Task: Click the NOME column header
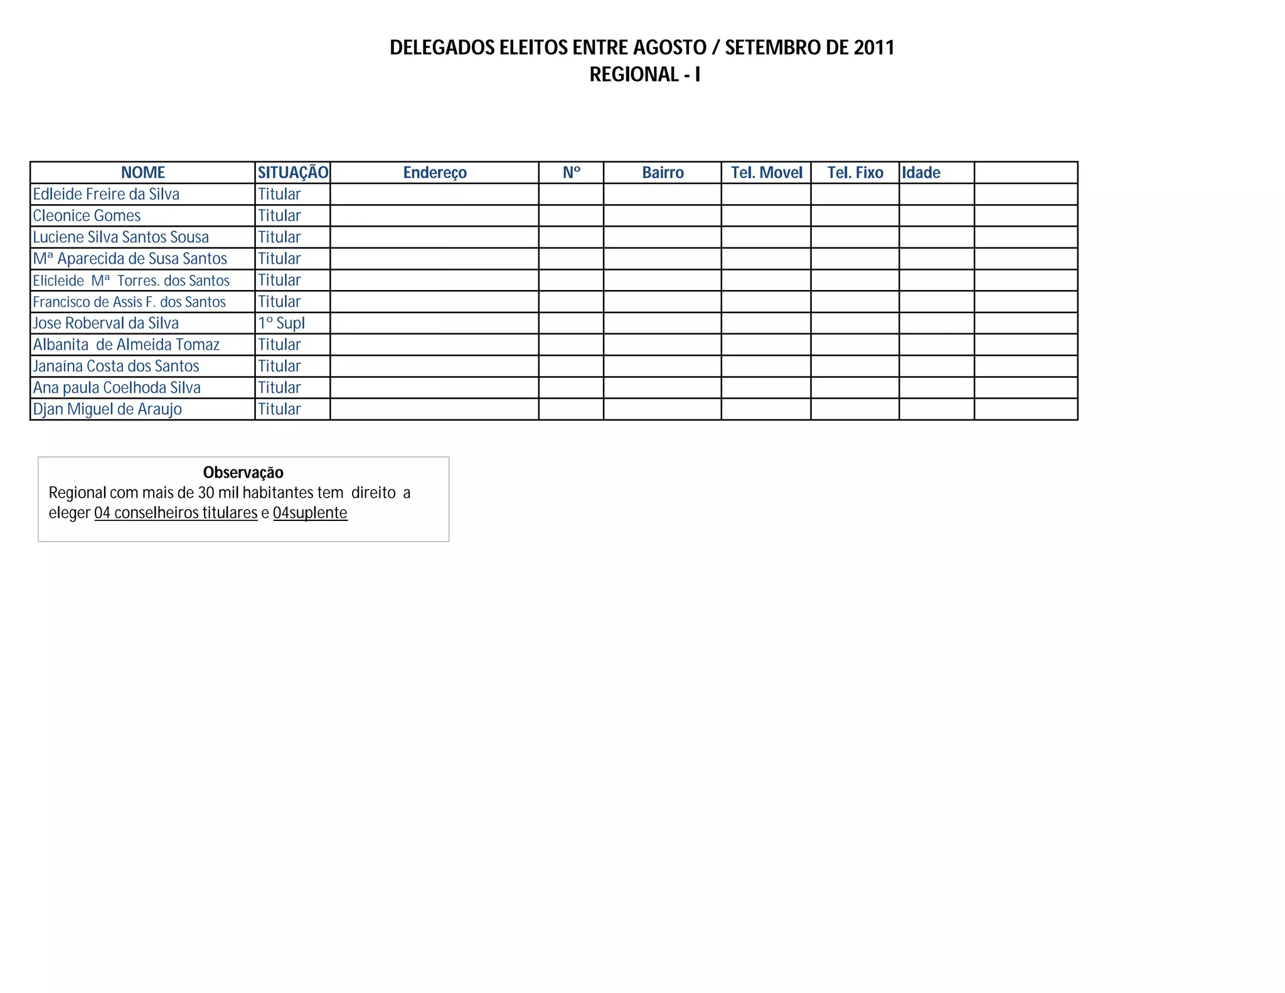(x=142, y=173)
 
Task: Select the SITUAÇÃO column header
(x=292, y=173)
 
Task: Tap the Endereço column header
(x=435, y=173)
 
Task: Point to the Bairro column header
(x=663, y=173)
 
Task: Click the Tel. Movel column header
(x=766, y=173)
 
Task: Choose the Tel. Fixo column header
(x=855, y=173)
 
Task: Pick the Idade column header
(x=921, y=173)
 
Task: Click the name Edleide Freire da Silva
(x=106, y=195)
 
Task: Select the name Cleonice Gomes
(x=87, y=216)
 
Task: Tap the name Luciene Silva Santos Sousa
(x=120, y=237)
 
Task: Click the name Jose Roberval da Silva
(x=105, y=323)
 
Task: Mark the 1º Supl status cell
(x=281, y=323)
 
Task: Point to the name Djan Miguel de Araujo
(x=107, y=409)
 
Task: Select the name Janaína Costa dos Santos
(x=116, y=366)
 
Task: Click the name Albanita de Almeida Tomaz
(x=126, y=345)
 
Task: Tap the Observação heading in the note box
(x=243, y=473)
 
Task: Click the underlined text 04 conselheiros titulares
(x=176, y=513)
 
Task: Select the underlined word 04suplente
(x=310, y=513)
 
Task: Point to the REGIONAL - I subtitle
(x=644, y=75)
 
